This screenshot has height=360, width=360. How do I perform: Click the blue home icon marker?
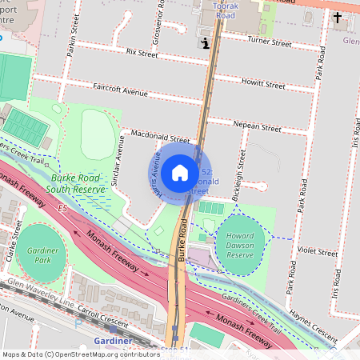[x=180, y=173]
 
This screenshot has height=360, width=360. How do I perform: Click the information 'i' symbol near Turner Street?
[x=207, y=44]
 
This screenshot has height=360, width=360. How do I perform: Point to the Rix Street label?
[x=142, y=53]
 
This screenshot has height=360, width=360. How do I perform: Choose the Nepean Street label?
[x=257, y=127]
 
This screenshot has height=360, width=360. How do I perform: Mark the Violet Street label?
[x=318, y=250]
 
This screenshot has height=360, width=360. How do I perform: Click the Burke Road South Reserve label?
[x=75, y=183]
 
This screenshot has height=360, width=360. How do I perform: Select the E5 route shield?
[x=62, y=207]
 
